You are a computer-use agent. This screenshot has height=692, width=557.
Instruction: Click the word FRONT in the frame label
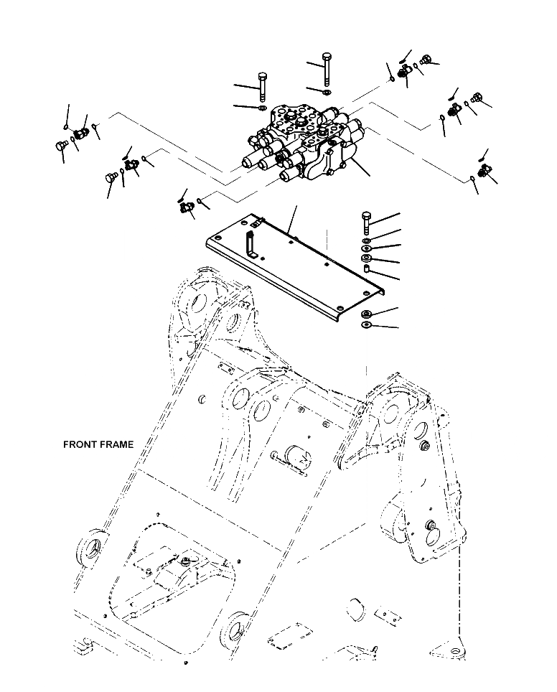click(x=80, y=445)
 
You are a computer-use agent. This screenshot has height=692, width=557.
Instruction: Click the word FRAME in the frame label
click(x=116, y=445)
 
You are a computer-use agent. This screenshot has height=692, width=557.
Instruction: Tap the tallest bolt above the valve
click(x=327, y=69)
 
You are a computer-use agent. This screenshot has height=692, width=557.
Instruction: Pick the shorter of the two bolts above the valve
click(x=261, y=85)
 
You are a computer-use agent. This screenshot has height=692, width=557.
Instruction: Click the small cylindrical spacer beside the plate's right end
click(x=366, y=269)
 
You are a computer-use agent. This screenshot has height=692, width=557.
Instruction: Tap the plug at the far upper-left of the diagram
click(x=61, y=146)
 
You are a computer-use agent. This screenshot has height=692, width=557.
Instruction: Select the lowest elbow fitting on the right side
click(x=482, y=171)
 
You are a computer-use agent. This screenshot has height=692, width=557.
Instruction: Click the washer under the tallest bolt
click(x=327, y=92)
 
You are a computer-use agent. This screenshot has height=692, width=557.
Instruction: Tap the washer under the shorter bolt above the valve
click(x=261, y=108)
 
